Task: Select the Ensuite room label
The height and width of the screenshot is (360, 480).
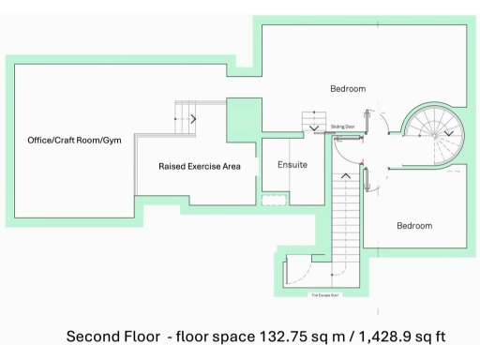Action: (292, 165)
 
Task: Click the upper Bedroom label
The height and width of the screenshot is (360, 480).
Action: (348, 89)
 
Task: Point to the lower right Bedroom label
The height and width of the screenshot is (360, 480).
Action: (413, 226)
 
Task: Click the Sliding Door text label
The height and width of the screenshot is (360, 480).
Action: (343, 125)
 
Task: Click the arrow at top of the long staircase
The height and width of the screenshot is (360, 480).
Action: (347, 174)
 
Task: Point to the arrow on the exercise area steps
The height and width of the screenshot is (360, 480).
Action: (193, 119)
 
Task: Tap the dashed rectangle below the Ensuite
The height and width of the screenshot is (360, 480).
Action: (273, 199)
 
